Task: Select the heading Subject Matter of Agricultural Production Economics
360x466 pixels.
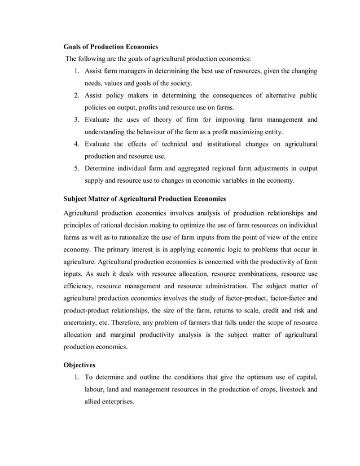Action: tap(144, 199)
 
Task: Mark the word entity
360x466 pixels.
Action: tap(272, 132)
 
